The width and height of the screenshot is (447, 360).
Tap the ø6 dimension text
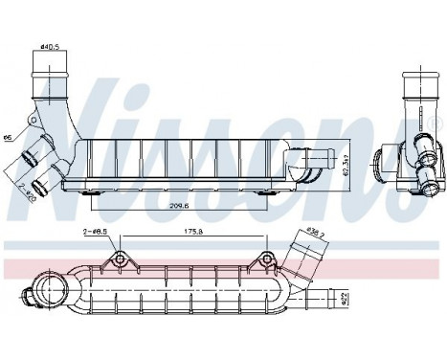pyautogui.click(x=8, y=137)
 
